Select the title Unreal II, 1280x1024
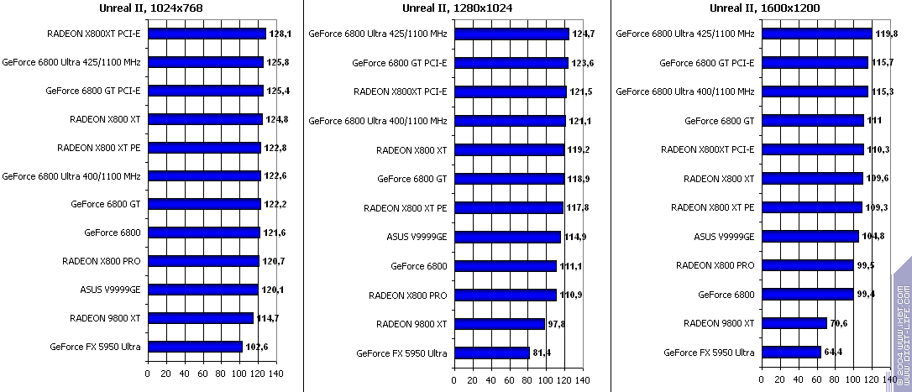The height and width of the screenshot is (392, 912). (458, 8)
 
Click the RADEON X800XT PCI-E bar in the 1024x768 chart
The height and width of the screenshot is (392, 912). (207, 34)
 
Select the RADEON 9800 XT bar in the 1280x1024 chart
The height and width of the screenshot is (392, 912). (500, 324)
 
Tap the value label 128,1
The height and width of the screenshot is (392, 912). (280, 34)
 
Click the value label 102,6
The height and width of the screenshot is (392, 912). (256, 347)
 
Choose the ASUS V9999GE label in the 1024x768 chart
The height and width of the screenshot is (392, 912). (111, 290)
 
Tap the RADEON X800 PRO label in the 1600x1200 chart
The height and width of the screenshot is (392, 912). (715, 265)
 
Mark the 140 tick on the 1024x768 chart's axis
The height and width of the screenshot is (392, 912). (276, 374)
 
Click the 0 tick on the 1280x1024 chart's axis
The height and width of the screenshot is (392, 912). (454, 379)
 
